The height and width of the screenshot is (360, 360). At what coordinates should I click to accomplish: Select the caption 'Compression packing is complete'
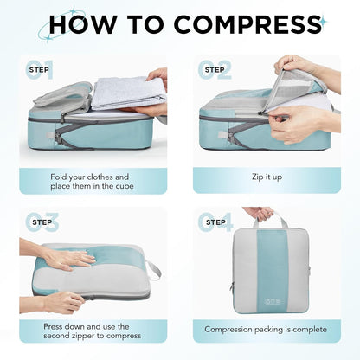pos(266,330)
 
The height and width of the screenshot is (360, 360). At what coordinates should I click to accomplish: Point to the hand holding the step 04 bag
pos(258,212)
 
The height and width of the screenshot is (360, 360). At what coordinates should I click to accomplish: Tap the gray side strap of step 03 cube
pos(154,272)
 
